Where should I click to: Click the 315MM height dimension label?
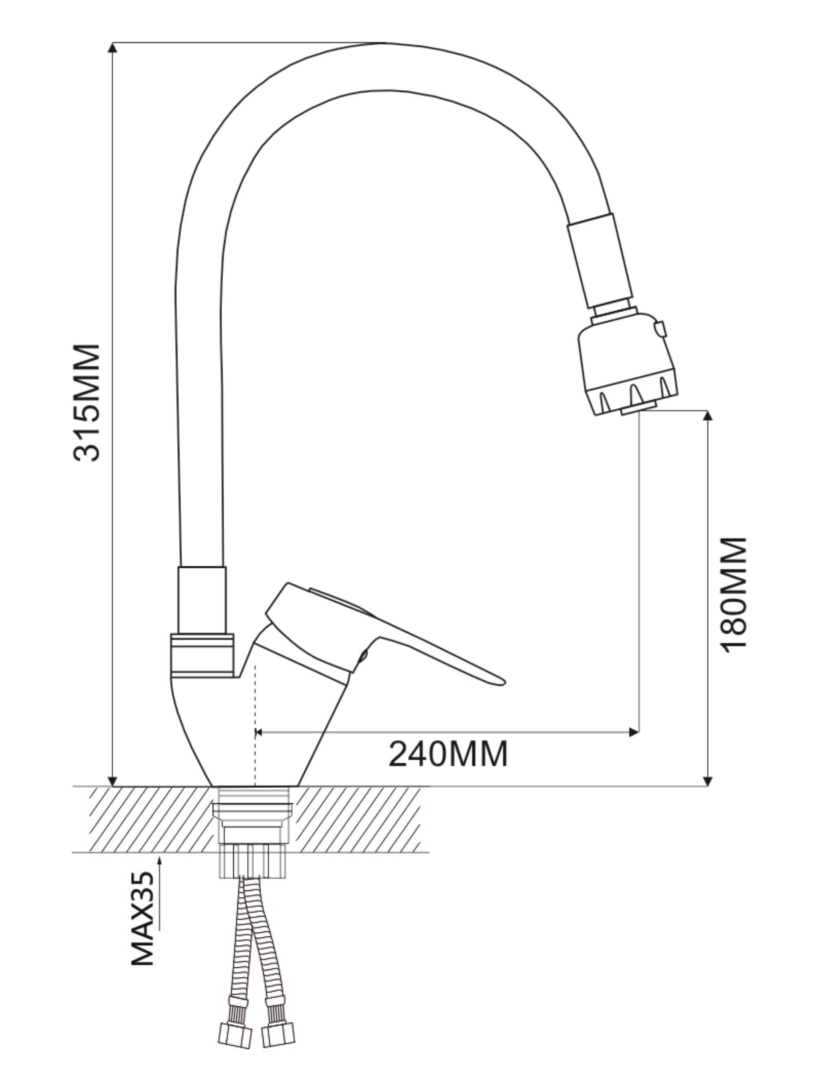point(87,403)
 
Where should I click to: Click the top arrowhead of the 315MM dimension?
point(112,48)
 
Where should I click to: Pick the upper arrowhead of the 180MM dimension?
point(708,416)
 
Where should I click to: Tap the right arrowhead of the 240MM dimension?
point(634,732)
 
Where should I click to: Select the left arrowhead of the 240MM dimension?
point(261,732)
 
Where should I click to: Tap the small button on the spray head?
point(661,329)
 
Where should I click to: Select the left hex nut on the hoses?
point(235,1035)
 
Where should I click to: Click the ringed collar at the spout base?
point(202,655)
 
